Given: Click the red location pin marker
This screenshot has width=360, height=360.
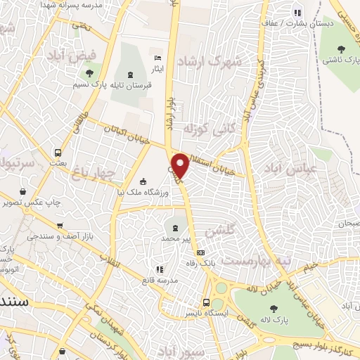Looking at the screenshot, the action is point(180,166).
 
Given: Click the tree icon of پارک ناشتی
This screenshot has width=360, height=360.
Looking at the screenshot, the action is point(341,49).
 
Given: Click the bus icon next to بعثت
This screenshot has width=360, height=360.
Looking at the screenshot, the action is point(58,152).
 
